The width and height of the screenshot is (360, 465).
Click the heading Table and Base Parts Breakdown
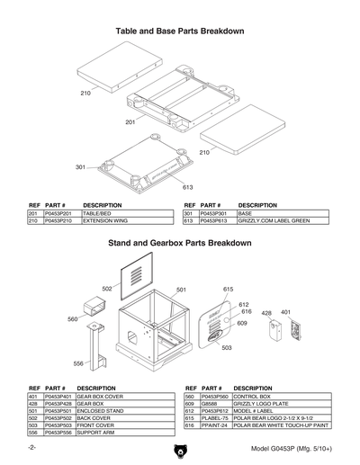180,31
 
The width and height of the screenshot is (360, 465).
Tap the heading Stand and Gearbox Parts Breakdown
179,244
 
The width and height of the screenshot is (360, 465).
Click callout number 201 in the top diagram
130,121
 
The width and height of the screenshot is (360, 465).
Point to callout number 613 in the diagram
188,187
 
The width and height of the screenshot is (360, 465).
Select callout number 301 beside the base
80,167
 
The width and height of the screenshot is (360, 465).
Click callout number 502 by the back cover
106,289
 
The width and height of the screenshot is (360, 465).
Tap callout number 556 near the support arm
78,364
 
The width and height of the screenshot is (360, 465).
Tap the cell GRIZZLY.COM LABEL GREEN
274,220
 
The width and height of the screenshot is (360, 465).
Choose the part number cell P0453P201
56,213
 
